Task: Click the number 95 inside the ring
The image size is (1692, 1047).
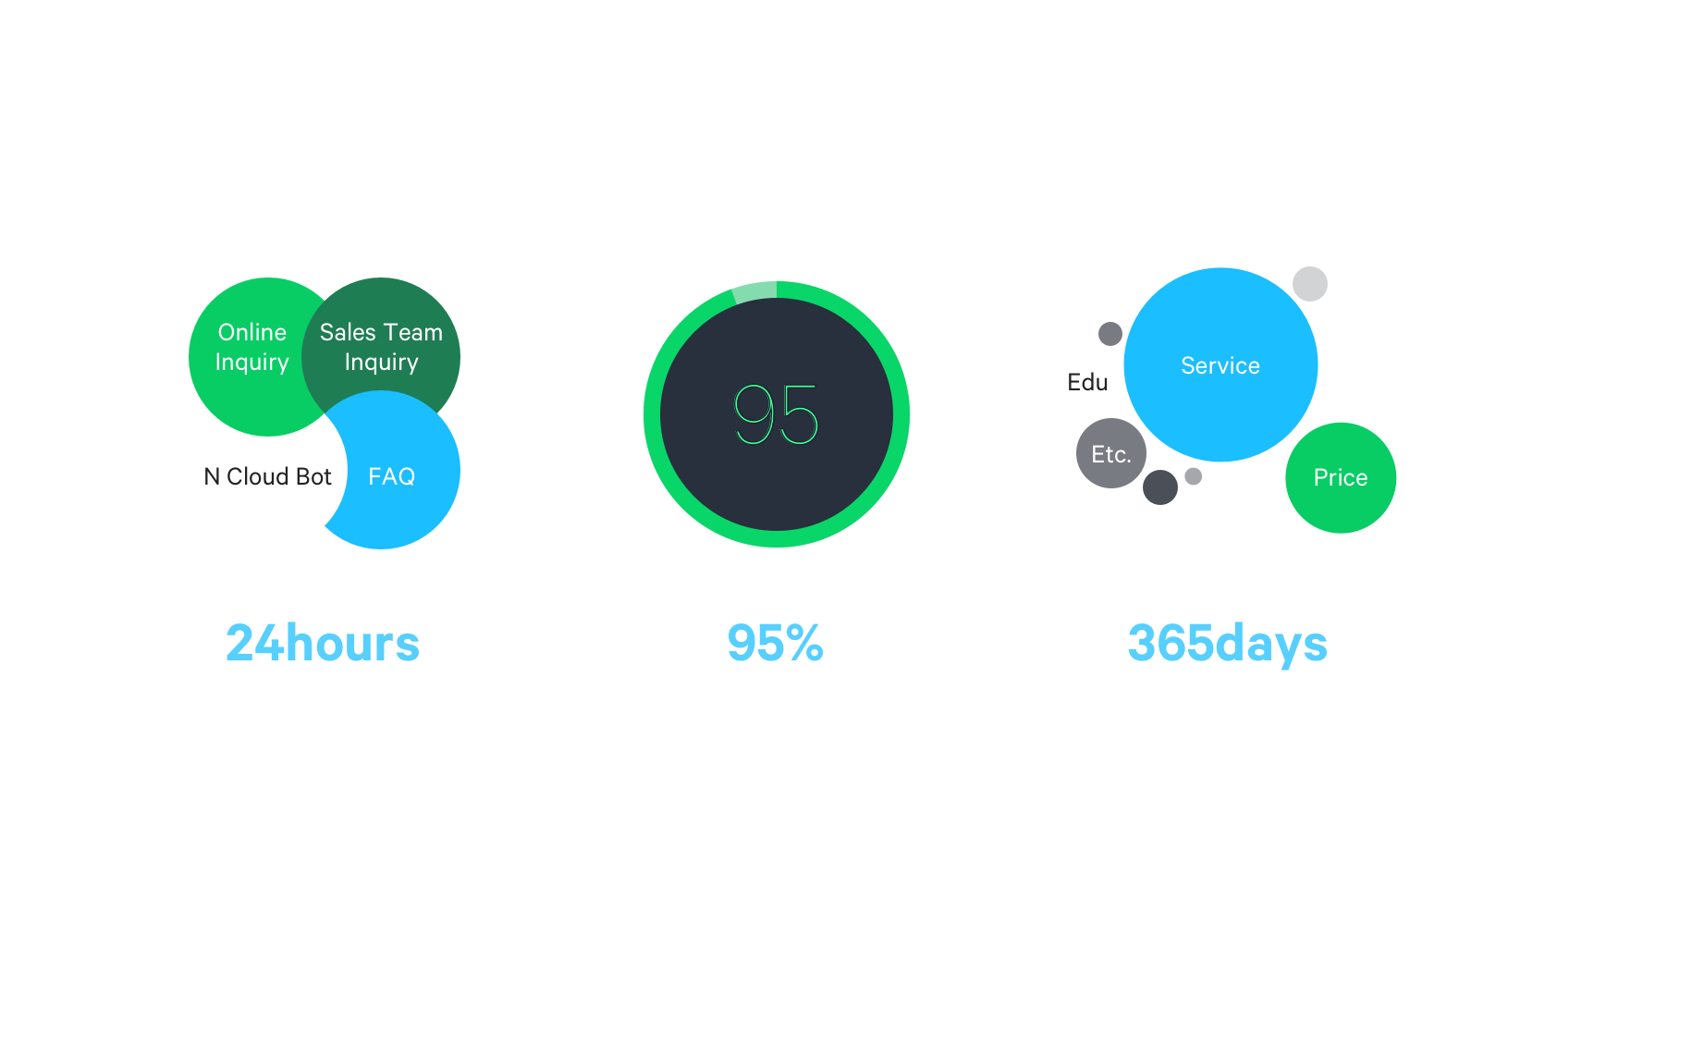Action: [x=777, y=415]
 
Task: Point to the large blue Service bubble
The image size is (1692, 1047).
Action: [x=1220, y=365]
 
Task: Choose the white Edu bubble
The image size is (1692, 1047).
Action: [x=1087, y=382]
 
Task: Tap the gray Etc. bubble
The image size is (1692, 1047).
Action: [x=1110, y=454]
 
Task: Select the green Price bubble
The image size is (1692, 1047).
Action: [x=1341, y=477]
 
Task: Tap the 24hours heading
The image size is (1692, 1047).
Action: [x=323, y=643]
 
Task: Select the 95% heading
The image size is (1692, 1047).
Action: [x=775, y=643]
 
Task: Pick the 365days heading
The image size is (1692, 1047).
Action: [x=1227, y=644]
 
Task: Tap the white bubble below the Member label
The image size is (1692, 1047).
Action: [x=1360, y=381]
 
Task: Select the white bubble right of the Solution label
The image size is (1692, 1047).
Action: [x=1241, y=509]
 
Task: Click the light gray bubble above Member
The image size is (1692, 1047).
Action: [x=1309, y=284]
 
